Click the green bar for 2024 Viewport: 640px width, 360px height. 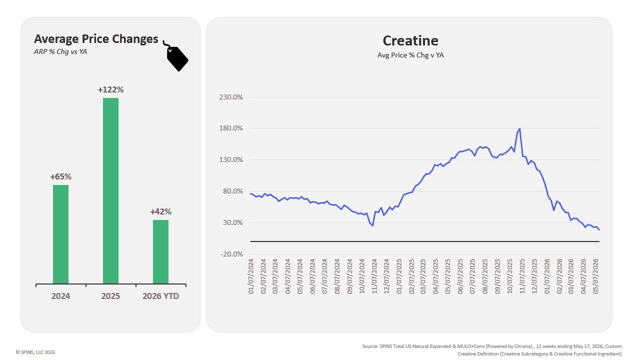[60, 234]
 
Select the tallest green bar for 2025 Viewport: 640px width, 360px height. [110, 191]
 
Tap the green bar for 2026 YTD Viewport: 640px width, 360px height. [160, 251]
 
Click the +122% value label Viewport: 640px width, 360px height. [110, 89]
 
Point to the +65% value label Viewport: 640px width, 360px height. [60, 176]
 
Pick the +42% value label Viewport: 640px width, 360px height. [160, 211]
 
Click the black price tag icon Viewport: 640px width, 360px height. [176, 56]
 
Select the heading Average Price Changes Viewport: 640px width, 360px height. [96, 39]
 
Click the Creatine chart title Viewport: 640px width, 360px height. [410, 40]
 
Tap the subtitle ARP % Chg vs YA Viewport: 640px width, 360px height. [60, 51]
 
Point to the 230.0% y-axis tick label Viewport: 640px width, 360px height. [231, 97]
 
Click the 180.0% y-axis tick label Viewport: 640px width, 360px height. [231, 128]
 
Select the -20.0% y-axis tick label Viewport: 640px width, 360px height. [231, 254]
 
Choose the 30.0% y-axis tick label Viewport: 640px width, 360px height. [233, 222]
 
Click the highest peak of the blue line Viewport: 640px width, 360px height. [519, 129]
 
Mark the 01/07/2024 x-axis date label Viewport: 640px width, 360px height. [251, 276]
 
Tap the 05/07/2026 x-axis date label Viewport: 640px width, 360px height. [596, 276]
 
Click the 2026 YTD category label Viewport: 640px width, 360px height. [160, 296]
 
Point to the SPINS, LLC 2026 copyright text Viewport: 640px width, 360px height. [35, 352]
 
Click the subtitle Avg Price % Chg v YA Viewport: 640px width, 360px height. [410, 55]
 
